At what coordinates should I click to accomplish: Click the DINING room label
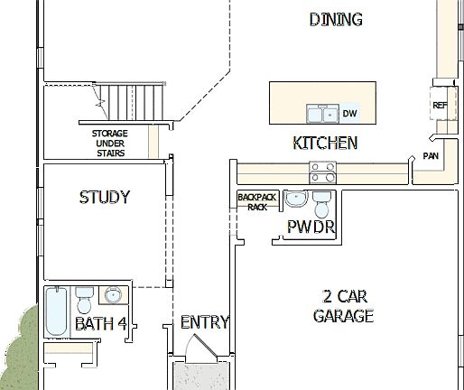[x=336, y=19]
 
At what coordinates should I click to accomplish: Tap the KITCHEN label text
[x=325, y=143]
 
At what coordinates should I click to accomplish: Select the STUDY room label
[x=105, y=197]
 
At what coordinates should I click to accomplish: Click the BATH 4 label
[x=100, y=323]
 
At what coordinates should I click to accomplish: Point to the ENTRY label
[x=204, y=322]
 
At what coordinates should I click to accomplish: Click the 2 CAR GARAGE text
[x=343, y=305]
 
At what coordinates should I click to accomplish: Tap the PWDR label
[x=311, y=227]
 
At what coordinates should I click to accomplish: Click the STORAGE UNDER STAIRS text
[x=108, y=143]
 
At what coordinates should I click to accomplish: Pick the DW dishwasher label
[x=349, y=114]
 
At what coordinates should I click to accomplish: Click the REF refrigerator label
[x=440, y=106]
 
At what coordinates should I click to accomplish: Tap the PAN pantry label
[x=431, y=156]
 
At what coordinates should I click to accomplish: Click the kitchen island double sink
[x=320, y=113]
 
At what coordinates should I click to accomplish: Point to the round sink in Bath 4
[x=113, y=295]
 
